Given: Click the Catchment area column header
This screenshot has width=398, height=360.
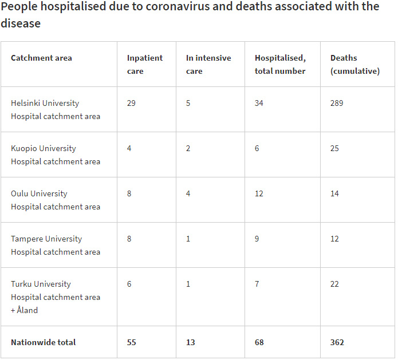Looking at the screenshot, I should tap(41, 58).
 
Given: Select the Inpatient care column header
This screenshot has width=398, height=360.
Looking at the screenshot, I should tap(144, 64).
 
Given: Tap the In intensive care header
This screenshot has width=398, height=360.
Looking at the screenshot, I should tap(208, 64).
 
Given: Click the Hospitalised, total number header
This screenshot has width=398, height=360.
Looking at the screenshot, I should tap(280, 64).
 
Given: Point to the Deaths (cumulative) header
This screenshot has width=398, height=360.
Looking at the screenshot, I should tap(354, 64).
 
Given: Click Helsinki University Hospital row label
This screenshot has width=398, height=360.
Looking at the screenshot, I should tap(55, 109).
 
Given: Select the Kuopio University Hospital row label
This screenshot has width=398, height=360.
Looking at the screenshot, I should tap(55, 155).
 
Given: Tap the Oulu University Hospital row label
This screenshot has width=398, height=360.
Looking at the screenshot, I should tap(55, 200).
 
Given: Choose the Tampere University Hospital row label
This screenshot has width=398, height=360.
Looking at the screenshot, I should tap(55, 245).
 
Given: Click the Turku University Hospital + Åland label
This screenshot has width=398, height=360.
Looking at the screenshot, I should tap(55, 296).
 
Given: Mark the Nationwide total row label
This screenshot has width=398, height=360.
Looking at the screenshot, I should tap(43, 342).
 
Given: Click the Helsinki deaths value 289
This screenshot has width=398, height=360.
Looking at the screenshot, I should tap(337, 103).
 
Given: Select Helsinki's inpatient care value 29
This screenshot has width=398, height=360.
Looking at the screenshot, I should tap(132, 103).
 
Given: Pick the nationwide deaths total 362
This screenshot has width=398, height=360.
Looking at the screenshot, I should tap(337, 342).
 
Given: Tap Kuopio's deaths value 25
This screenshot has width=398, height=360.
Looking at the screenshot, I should tap(334, 148).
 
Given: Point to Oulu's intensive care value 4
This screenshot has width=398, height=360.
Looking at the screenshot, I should tap(188, 193).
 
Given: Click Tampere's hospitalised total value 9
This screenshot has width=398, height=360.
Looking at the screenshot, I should tap(257, 239).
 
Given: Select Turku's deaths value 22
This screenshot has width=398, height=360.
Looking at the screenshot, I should tap(334, 284).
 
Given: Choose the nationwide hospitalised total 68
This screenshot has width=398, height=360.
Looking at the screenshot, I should tap(259, 342).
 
